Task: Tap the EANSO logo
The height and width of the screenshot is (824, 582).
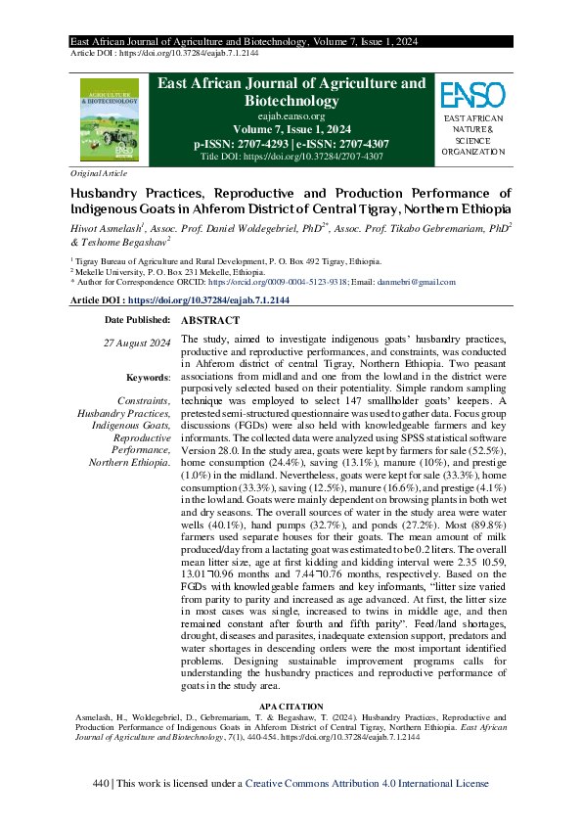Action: click(x=472, y=95)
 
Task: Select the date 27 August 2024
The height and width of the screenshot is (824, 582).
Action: click(x=137, y=342)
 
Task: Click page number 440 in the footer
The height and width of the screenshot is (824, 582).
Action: click(x=99, y=783)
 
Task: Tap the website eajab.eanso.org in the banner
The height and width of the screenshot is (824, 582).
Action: click(x=291, y=115)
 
